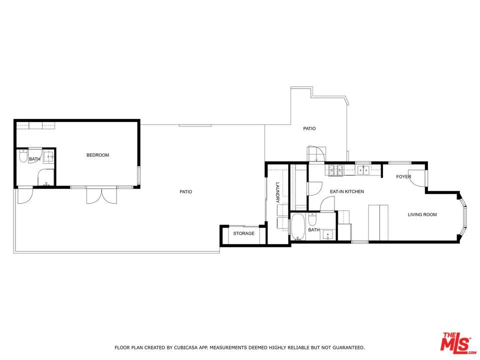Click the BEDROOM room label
97,155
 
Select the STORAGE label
244,233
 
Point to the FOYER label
403,176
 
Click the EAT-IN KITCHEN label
346,191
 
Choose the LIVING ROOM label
422,214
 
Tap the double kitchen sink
362,170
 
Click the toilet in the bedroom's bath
22,157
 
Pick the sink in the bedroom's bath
48,157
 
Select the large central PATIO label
186,191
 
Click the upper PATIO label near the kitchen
309,128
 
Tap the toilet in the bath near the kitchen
311,219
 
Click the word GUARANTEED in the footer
346,347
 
